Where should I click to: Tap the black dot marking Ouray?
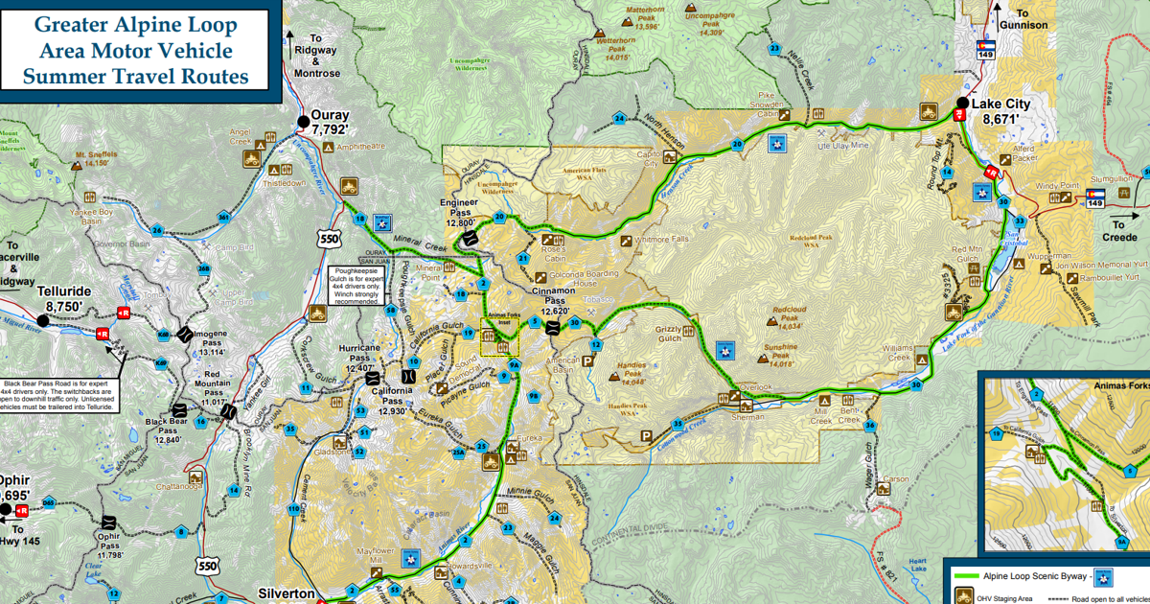304,122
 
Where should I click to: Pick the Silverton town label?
286,593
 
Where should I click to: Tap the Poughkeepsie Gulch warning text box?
356,286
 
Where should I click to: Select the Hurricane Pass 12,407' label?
360,357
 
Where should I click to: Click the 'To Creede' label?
1119,231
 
